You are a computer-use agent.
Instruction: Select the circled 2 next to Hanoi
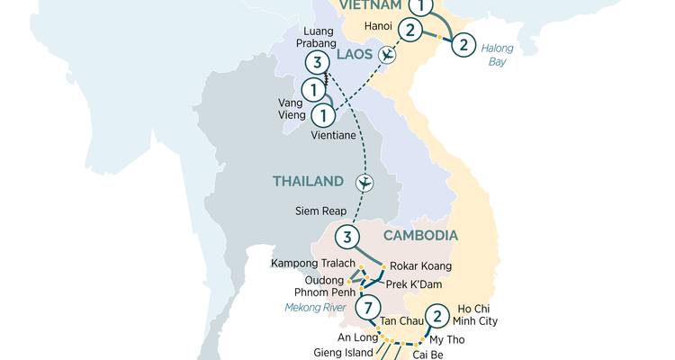pyautogui.click(x=410, y=31)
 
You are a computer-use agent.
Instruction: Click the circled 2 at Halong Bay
pyautogui.click(x=462, y=44)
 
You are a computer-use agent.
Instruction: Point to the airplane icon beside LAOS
pyautogui.click(x=387, y=56)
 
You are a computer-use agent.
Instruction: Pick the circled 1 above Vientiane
pyautogui.click(x=322, y=115)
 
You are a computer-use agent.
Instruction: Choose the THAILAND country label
pyautogui.click(x=309, y=182)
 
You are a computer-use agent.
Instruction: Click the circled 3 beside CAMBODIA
pyautogui.click(x=346, y=238)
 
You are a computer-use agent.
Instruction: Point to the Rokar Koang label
pyautogui.click(x=421, y=266)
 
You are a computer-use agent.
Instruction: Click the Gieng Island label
pyautogui.click(x=338, y=352)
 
